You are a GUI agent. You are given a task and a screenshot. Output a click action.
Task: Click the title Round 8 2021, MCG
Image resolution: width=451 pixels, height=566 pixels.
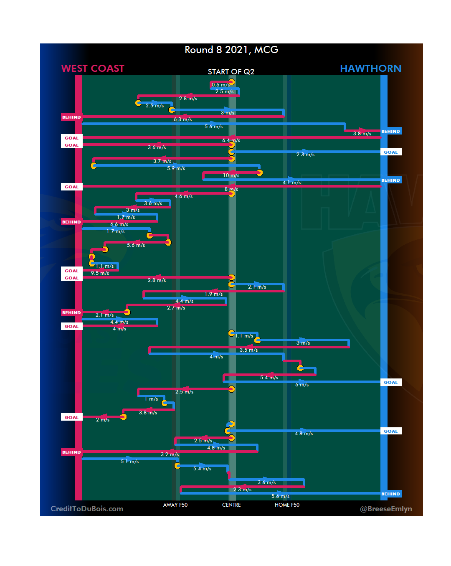coord(231,50)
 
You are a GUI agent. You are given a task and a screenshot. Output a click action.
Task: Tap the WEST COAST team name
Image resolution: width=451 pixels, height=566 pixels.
coord(93,69)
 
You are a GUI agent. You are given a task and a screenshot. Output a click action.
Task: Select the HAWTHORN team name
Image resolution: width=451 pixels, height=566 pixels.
coord(370,69)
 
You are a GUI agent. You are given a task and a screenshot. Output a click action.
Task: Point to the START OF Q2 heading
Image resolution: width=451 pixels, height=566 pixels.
coord(231,72)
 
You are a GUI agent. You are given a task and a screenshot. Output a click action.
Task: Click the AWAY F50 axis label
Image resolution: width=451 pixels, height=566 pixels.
coord(175,505)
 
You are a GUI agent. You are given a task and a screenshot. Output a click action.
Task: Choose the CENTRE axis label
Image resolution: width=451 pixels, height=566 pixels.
coord(231,505)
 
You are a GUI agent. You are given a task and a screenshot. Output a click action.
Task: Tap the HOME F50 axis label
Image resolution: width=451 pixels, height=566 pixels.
coord(287,505)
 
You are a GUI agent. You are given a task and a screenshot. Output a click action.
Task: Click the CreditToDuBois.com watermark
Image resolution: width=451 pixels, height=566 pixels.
coord(87,509)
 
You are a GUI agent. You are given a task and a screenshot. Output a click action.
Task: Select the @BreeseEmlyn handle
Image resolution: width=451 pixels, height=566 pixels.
coord(386,509)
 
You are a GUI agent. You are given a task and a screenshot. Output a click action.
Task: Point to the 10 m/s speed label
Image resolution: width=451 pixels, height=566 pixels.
coord(231,175)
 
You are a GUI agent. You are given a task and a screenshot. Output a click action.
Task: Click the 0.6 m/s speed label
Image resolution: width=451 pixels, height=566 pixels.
coord(220,85)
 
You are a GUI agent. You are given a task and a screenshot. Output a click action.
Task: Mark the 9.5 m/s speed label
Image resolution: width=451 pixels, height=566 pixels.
coord(100,273)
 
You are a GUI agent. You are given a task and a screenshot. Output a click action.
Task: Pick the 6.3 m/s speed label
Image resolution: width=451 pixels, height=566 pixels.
coord(183,119)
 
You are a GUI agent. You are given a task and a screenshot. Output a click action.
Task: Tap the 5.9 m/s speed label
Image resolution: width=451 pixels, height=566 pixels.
coord(176,168)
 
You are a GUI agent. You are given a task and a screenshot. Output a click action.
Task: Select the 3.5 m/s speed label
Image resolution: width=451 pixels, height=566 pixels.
coord(248,350)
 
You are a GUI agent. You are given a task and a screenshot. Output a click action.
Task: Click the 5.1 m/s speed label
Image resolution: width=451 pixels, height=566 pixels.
coord(129,462)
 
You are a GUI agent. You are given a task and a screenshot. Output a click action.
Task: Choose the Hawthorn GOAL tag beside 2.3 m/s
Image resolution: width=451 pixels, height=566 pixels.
coord(391,152)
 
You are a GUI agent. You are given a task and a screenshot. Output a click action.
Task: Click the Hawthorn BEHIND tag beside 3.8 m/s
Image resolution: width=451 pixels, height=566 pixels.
coord(391,131)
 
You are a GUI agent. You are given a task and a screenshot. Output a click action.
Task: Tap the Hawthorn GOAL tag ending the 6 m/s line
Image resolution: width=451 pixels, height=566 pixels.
coord(391,382)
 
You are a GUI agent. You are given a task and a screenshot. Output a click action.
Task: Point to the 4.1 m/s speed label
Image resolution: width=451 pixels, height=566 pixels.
coord(291,183)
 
